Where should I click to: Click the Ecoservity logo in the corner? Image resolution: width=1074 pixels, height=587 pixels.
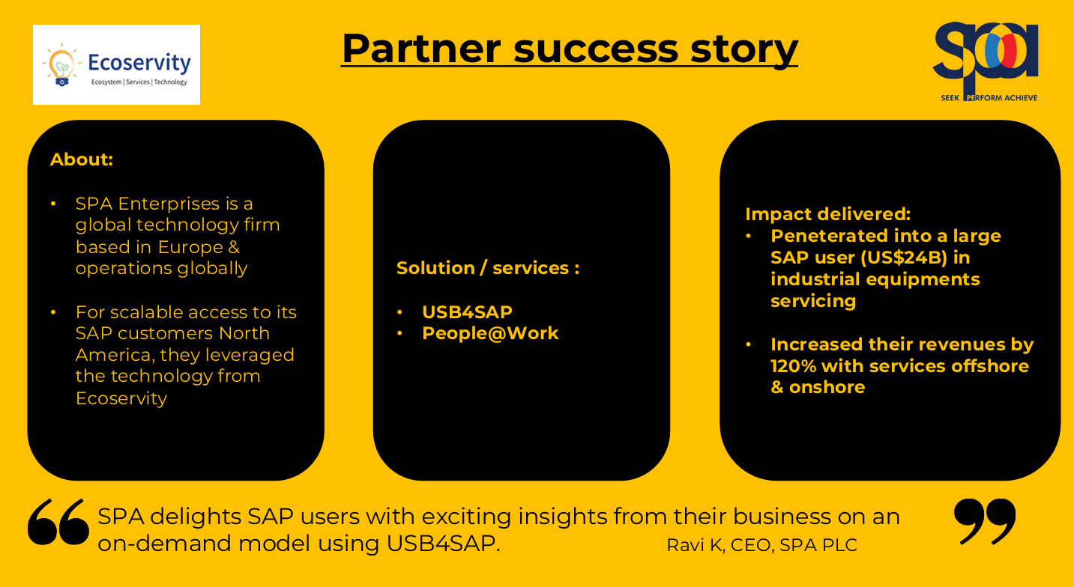point(116,64)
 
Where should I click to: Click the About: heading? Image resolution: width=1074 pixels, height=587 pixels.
point(82,159)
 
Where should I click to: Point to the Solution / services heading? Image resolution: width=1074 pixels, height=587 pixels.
point(487,268)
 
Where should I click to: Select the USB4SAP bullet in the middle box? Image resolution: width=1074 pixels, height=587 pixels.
point(467,312)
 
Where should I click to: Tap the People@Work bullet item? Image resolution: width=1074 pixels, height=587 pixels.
point(490,333)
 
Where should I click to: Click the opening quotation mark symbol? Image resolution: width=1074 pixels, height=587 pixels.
point(58,522)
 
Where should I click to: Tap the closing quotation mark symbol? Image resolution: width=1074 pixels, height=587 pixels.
point(984,520)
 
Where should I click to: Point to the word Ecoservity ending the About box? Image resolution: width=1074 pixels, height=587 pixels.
point(121,398)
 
